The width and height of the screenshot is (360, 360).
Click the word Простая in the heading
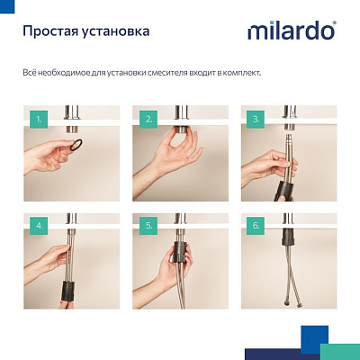pos(49,31)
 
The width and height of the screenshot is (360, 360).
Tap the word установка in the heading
pos(115,31)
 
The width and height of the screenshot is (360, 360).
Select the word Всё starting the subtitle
pos(28,71)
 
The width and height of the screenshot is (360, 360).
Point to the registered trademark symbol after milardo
pos(335,24)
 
